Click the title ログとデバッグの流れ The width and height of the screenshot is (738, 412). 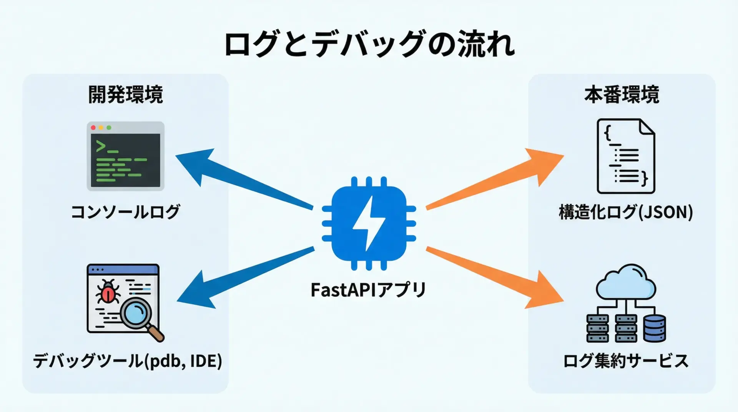369,44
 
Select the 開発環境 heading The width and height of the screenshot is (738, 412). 126,95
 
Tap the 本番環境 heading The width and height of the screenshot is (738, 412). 622,95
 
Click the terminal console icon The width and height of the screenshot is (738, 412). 126,156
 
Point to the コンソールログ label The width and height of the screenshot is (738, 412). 126,212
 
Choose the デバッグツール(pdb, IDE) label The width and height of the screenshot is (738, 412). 127,361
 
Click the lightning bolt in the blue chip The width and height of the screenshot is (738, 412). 369,223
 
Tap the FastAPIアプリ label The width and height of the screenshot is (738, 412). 368,290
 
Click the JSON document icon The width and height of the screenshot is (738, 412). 625,156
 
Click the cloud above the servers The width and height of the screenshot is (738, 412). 625,282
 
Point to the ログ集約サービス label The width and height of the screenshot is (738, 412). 625,361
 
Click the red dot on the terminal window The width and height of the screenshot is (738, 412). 93,128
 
